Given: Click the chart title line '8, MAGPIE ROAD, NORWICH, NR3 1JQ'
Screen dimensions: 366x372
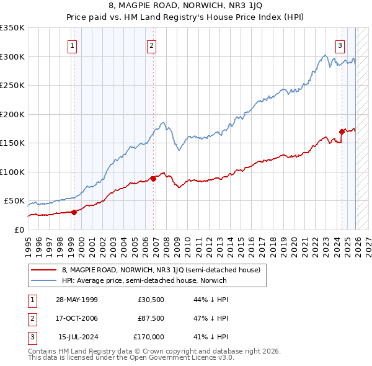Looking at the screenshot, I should click(x=185, y=6).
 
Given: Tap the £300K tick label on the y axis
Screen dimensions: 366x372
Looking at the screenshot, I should click(x=12, y=56).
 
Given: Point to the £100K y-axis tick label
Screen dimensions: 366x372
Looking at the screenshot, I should click(x=12, y=172).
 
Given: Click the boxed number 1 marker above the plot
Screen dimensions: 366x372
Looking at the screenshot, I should click(x=73, y=45).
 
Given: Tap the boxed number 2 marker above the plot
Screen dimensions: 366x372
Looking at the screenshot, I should click(x=151, y=45).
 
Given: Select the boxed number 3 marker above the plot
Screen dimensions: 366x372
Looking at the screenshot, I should click(x=340, y=45).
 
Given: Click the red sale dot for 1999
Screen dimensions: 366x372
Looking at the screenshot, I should click(x=74, y=212).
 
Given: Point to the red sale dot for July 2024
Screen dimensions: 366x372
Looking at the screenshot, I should click(x=342, y=132).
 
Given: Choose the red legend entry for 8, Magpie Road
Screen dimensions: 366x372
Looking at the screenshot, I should click(x=164, y=270).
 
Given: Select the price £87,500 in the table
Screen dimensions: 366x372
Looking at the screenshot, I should click(x=150, y=318).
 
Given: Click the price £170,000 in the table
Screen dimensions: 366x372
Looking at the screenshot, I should click(x=149, y=337).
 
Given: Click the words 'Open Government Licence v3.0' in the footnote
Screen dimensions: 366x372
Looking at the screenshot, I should click(x=179, y=358).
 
